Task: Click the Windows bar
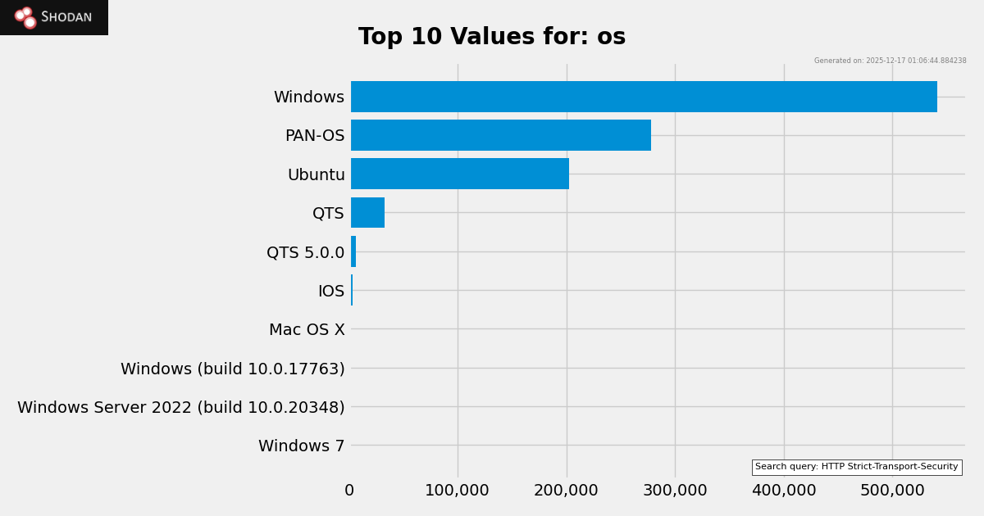pyautogui.click(x=644, y=97)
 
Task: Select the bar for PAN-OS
pyautogui.click(x=501, y=135)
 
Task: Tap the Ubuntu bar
pyautogui.click(x=460, y=174)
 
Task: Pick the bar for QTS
pyautogui.click(x=367, y=213)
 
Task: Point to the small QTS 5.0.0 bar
pyautogui.click(x=353, y=251)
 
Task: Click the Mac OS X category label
pyautogui.click(x=307, y=330)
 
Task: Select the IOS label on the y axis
pyautogui.click(x=331, y=292)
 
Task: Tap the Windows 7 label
pyautogui.click(x=301, y=446)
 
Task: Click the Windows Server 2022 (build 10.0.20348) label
pyautogui.click(x=181, y=408)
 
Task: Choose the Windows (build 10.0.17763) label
pyautogui.click(x=233, y=369)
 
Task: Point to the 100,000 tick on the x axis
pyautogui.click(x=457, y=491)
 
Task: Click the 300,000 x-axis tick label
pyautogui.click(x=675, y=491)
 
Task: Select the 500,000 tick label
pyautogui.click(x=892, y=491)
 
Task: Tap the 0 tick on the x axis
pyautogui.click(x=349, y=491)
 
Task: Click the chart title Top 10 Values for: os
pyautogui.click(x=492, y=38)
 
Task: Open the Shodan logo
pyautogui.click(x=54, y=17)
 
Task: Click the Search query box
pyautogui.click(x=856, y=467)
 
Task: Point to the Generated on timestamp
pyautogui.click(x=890, y=61)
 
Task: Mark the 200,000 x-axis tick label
pyautogui.click(x=566, y=491)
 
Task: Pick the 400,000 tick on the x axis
pyautogui.click(x=783, y=491)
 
